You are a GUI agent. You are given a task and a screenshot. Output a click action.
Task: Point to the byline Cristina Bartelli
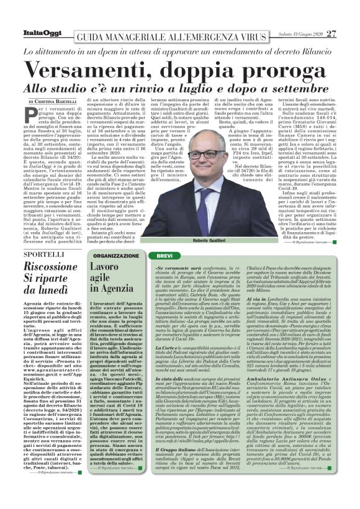(58, 101)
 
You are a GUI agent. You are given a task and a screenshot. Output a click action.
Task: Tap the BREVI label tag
(164, 255)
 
